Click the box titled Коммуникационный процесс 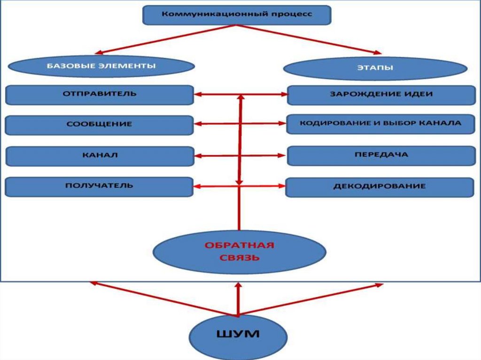(237, 15)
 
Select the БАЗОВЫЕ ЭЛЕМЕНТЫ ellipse (101, 67)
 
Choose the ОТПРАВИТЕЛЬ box (99, 94)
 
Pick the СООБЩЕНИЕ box (99, 125)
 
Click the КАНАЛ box (99, 156)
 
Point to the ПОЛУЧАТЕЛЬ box (99, 186)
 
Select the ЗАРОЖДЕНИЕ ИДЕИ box (381, 95)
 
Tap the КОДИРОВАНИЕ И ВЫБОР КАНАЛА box (380, 124)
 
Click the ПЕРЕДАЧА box (381, 155)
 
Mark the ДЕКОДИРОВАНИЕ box (380, 187)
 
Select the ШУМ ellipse (238, 335)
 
